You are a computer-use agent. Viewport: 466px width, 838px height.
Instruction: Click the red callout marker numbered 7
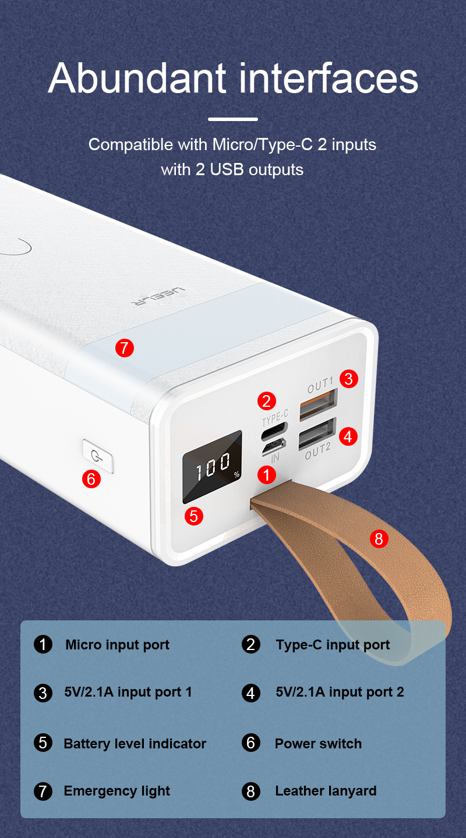[x=125, y=348]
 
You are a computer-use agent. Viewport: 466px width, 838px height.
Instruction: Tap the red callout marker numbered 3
[x=349, y=379]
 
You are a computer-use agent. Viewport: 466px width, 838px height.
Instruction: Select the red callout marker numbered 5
[x=193, y=516]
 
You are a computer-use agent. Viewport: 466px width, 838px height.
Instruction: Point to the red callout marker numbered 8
[x=379, y=539]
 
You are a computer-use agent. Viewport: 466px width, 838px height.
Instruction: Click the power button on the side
[x=98, y=456]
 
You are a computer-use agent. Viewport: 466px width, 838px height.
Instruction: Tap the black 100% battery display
[x=213, y=467]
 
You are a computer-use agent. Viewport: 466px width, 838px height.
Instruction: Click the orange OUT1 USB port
[x=319, y=404]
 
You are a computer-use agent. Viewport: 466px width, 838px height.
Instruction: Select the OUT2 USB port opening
[x=317, y=433]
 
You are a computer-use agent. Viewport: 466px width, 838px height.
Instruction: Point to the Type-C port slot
[x=274, y=431]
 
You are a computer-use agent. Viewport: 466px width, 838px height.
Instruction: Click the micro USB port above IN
[x=274, y=446]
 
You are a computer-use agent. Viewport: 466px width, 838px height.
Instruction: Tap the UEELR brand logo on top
[x=158, y=296]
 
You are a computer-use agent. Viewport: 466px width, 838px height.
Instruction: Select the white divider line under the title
[x=233, y=119]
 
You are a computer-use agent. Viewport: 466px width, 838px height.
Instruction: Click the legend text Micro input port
[x=117, y=645]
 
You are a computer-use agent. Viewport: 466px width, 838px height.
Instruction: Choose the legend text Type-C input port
[x=333, y=645]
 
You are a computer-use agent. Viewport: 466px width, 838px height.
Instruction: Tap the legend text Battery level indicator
[x=135, y=744]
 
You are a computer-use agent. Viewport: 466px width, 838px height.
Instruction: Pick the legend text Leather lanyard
[x=326, y=791]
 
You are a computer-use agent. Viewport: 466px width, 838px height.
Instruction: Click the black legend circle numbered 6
[x=250, y=743]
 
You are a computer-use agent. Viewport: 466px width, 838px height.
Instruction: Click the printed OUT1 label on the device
[x=320, y=386]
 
